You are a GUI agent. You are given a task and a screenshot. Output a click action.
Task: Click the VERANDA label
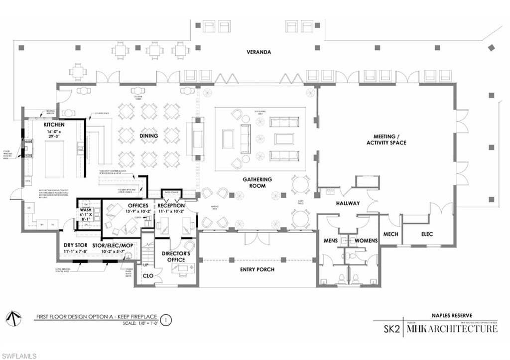coord(259,52)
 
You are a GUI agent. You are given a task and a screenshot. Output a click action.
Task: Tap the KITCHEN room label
coord(54,124)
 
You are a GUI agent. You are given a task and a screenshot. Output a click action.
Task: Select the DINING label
coord(149,135)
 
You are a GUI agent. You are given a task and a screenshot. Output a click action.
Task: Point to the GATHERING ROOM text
coord(257,182)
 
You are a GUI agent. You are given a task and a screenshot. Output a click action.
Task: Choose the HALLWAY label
coord(347,203)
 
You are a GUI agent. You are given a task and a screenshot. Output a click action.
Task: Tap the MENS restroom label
coord(331,241)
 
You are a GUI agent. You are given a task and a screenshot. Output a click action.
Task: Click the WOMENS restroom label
coord(366,241)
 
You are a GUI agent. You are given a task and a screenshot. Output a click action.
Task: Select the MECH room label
coord(391,234)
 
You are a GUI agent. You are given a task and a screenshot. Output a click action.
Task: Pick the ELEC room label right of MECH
coord(427,234)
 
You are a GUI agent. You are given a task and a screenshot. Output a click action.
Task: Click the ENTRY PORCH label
coord(257,269)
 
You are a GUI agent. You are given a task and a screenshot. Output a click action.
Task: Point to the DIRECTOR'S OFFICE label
coord(174,256)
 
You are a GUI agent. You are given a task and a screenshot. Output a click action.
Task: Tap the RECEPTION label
coord(171,206)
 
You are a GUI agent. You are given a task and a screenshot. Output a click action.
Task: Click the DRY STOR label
coord(76,245)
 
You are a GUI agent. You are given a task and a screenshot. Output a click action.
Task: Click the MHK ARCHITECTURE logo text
coord(452,329)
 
